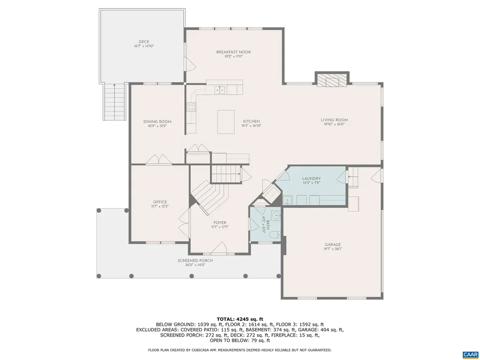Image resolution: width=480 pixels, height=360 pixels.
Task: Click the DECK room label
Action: (144, 42)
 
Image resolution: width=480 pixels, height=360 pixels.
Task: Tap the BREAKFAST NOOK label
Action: (233, 52)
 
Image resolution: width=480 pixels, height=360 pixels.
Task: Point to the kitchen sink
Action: (219, 89)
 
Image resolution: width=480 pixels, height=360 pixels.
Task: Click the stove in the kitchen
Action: (191, 107)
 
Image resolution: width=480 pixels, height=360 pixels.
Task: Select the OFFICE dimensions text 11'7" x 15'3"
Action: (159, 206)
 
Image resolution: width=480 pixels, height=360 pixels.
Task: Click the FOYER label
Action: (220, 223)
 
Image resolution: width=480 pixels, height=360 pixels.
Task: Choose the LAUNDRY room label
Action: (311, 179)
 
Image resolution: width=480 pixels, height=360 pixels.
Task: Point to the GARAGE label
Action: (333, 244)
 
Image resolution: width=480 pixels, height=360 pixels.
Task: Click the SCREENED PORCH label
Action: (195, 261)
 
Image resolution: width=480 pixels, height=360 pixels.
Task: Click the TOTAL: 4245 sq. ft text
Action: (240, 318)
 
